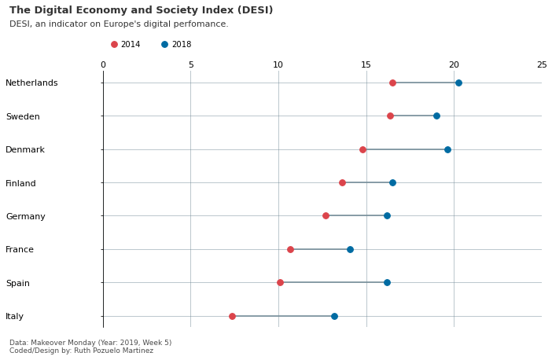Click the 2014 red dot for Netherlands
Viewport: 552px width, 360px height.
coord(392,83)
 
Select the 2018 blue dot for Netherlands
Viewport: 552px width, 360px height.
coord(458,83)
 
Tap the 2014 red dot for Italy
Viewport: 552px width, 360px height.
coord(232,316)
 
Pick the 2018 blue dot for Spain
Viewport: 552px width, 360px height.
coord(387,282)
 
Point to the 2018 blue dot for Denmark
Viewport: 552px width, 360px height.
coord(447,149)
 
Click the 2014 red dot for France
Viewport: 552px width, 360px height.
coord(290,249)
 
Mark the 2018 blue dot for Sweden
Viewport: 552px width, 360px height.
coord(436,116)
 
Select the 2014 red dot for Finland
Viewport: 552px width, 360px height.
coord(342,182)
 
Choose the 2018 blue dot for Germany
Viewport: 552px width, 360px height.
coord(387,215)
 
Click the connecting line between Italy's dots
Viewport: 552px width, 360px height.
coord(283,316)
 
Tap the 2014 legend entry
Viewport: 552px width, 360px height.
coord(126,45)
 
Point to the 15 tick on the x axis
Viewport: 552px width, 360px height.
coord(366,65)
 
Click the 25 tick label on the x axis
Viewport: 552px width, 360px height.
coord(541,65)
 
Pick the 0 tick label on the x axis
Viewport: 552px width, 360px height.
coord(103,65)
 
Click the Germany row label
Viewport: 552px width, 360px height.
coord(25,216)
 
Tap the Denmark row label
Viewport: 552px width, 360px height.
coord(25,149)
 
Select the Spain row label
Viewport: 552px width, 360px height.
coord(17,283)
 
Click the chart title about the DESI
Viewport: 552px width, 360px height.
coord(141,10)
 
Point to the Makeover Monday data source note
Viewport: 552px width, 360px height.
coord(90,343)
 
